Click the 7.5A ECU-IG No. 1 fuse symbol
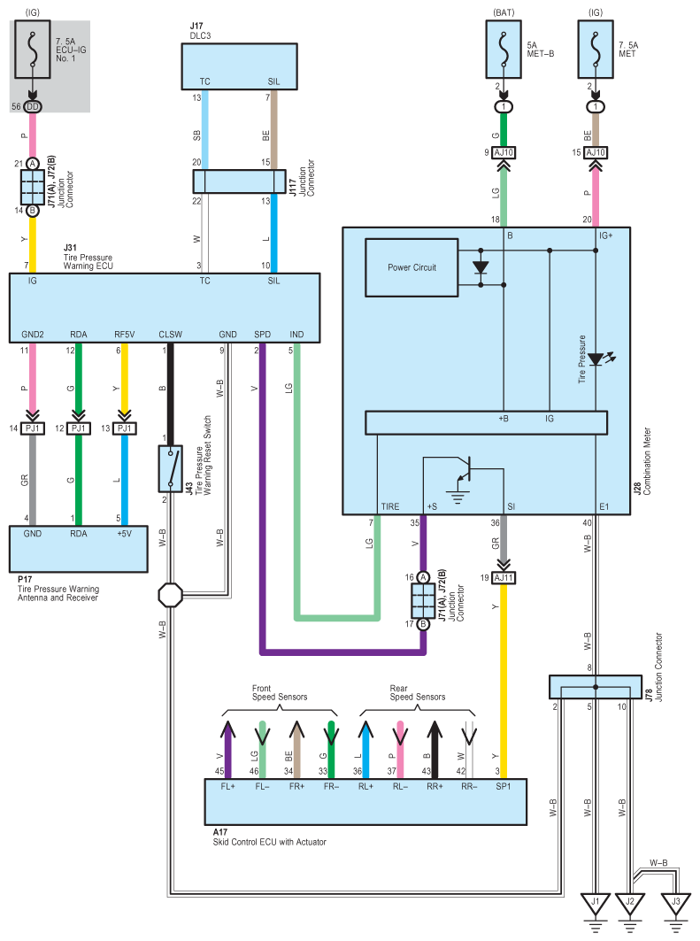(33, 50)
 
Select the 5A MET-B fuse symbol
(504, 50)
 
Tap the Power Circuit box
(412, 267)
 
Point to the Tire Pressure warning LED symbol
(597, 359)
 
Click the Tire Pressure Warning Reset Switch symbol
(170, 468)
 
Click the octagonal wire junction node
(170, 595)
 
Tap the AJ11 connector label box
(504, 578)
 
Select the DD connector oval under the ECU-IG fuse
(33, 107)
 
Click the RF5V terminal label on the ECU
(124, 335)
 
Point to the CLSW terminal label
(170, 335)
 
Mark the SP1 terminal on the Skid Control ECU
(504, 786)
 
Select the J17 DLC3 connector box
(239, 66)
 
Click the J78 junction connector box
(595, 687)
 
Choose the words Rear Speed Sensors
(418, 692)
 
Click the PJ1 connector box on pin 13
(124, 428)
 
